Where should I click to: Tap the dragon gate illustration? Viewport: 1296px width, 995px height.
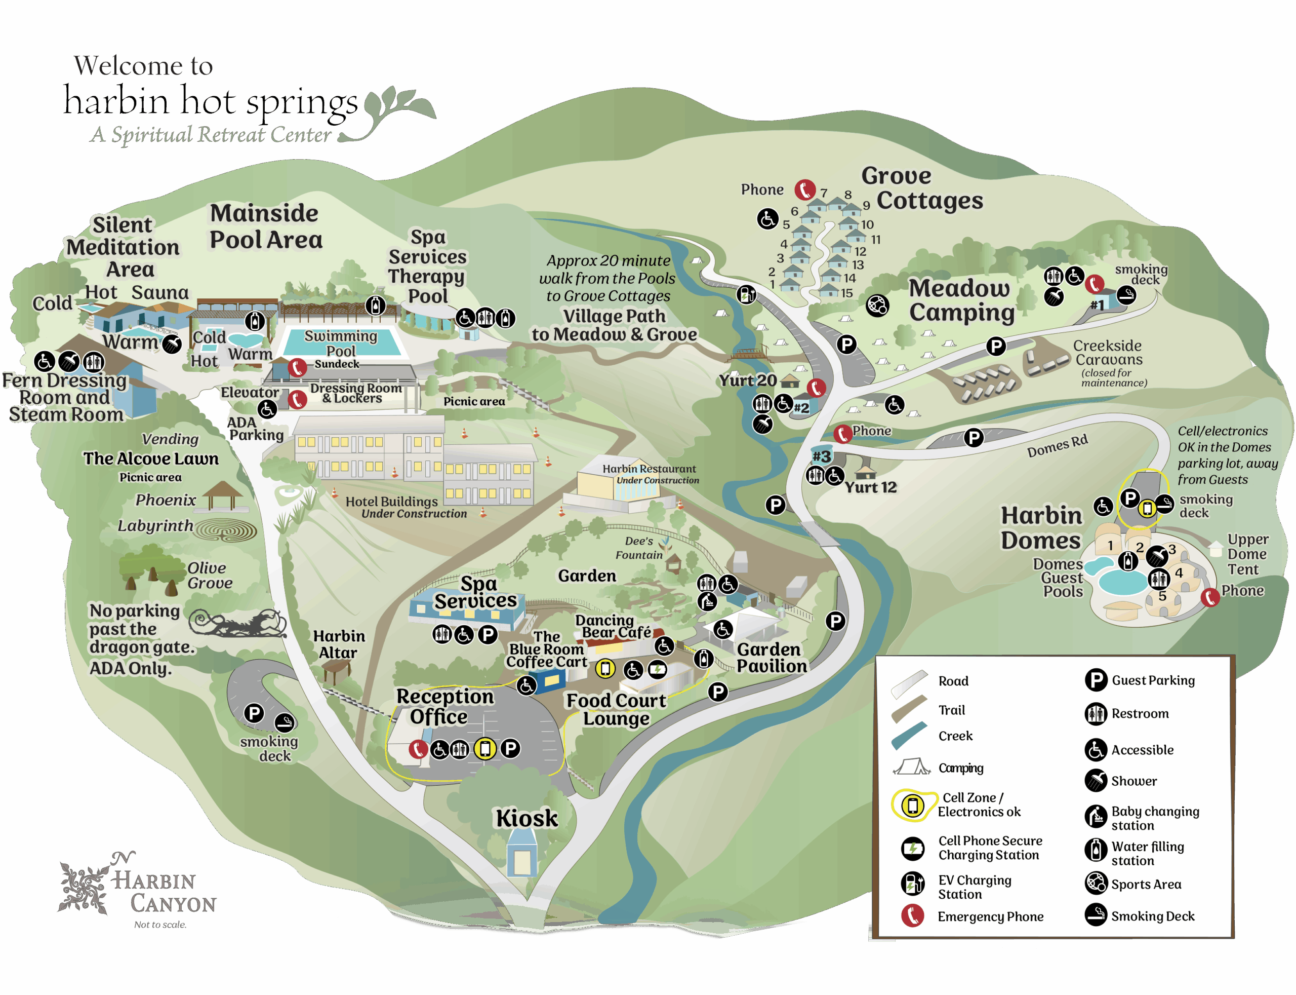[x=238, y=623]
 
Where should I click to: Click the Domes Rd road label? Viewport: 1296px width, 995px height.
[x=1057, y=445]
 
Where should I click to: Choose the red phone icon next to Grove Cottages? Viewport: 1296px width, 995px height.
[x=804, y=189]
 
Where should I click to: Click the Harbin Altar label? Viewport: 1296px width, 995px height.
[x=339, y=644]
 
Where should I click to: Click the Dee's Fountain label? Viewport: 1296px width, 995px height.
[x=638, y=547]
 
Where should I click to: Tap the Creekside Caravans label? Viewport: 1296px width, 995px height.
[x=1107, y=353]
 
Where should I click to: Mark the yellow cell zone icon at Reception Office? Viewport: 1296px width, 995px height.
[x=484, y=749]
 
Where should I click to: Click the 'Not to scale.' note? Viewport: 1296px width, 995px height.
[x=160, y=925]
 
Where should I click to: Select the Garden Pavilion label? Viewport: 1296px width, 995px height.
[x=771, y=658]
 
